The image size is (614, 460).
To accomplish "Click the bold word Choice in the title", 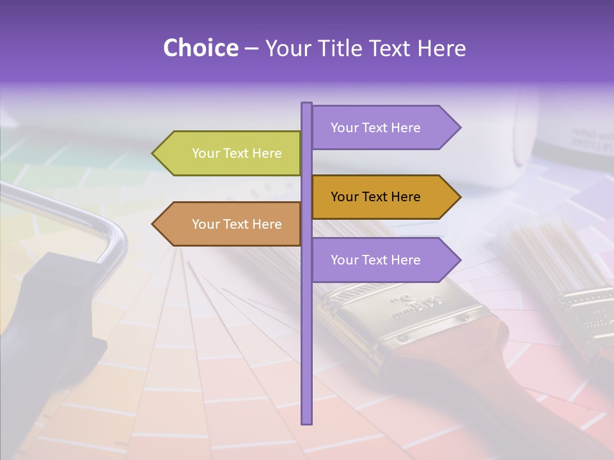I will [x=200, y=48].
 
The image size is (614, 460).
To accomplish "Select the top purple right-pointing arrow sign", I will [x=384, y=128].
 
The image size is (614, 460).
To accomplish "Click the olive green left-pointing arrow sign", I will [x=230, y=153].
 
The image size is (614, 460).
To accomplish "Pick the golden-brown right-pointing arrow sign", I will [x=384, y=197].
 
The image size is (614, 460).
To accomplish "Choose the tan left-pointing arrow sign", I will [x=230, y=224].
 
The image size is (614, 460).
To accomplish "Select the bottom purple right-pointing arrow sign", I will [x=384, y=260].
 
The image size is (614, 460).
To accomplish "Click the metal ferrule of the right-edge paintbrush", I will [x=585, y=313].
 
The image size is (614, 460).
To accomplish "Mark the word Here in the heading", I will [x=441, y=48].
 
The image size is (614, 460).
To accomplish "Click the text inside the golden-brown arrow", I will [x=375, y=197].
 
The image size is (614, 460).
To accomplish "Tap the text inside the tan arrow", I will [x=237, y=224].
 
